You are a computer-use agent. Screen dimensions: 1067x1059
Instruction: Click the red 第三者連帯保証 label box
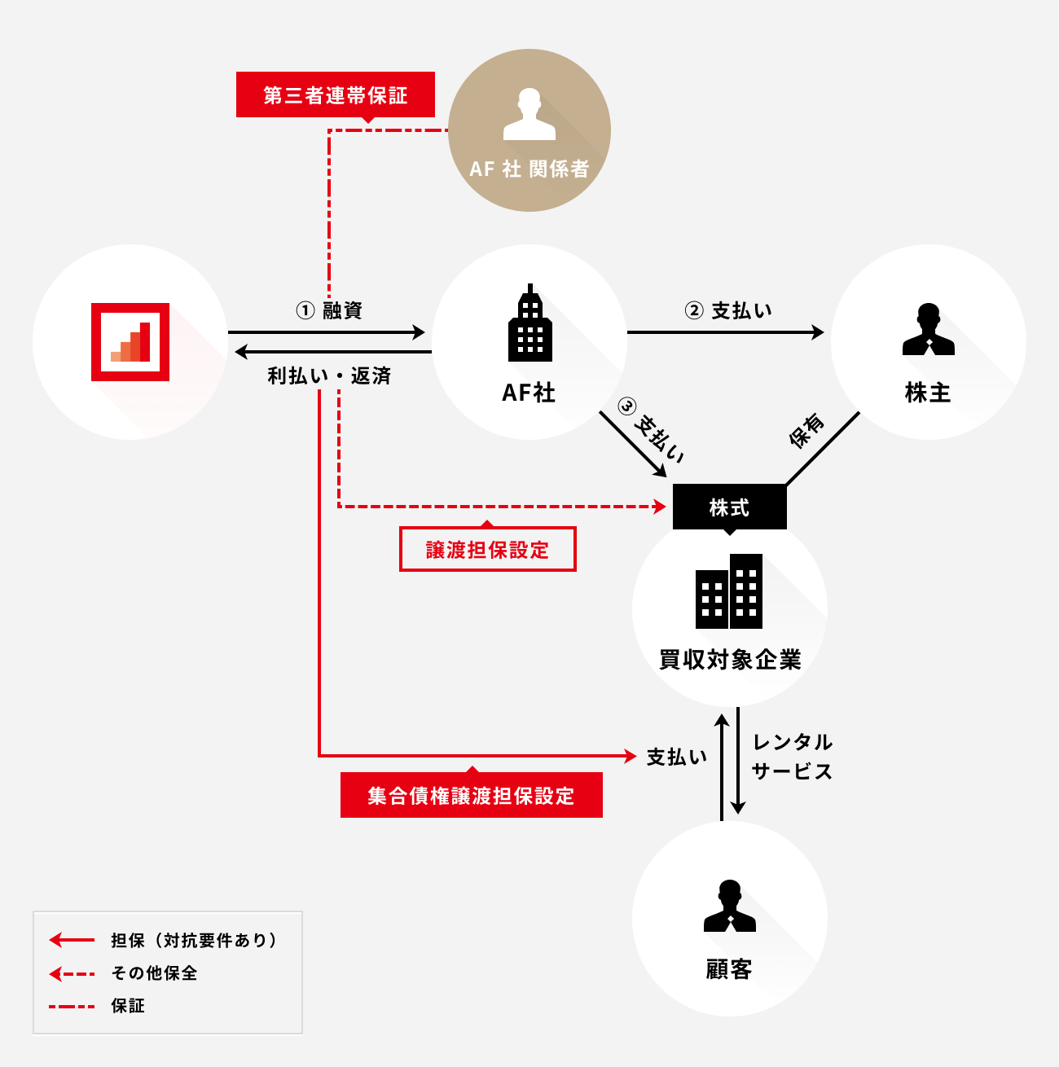point(335,94)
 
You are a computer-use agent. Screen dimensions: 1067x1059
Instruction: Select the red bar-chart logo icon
point(130,342)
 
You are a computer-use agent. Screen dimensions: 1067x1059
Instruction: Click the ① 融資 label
point(329,310)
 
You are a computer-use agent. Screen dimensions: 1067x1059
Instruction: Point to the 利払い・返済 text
point(329,375)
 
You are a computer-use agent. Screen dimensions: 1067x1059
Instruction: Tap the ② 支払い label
point(728,310)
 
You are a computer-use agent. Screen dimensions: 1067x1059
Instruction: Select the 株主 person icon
point(928,329)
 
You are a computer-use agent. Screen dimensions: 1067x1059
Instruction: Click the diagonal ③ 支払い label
point(651,429)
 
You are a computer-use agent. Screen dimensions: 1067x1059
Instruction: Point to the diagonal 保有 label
point(806,431)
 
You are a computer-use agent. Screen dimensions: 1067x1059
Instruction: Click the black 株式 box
point(729,507)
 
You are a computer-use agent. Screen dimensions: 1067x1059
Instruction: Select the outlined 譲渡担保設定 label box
point(487,550)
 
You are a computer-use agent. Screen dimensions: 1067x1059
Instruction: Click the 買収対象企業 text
point(730,659)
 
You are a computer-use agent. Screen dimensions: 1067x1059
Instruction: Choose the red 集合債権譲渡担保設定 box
point(471,795)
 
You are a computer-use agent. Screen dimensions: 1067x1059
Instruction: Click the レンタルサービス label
point(792,757)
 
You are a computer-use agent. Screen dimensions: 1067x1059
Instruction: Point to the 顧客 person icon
point(729,906)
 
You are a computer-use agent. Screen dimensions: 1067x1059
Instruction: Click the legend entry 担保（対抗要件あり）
point(194,940)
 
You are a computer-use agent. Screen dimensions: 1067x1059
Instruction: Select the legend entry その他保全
point(154,973)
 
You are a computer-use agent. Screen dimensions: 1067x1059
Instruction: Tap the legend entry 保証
point(128,1006)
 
